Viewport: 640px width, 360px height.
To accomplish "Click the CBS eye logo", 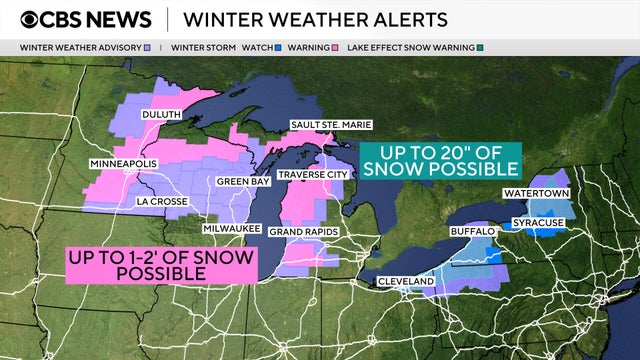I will [32, 19].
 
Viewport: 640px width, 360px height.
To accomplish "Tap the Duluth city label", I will [161, 115].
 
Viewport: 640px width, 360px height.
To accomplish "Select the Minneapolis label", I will [125, 163].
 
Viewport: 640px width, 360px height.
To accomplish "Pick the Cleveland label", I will [406, 282].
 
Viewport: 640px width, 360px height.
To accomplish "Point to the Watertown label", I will [537, 192].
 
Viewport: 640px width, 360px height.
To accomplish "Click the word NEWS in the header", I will [118, 19].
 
